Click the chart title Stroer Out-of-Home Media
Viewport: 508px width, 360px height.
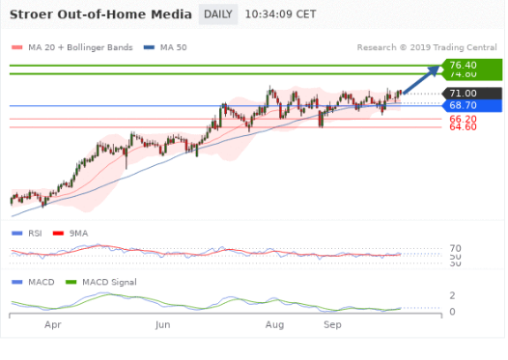click(x=99, y=14)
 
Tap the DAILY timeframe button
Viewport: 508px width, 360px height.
click(x=217, y=14)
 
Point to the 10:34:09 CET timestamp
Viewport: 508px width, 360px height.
click(x=280, y=14)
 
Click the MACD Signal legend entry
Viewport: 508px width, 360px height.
click(x=109, y=282)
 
